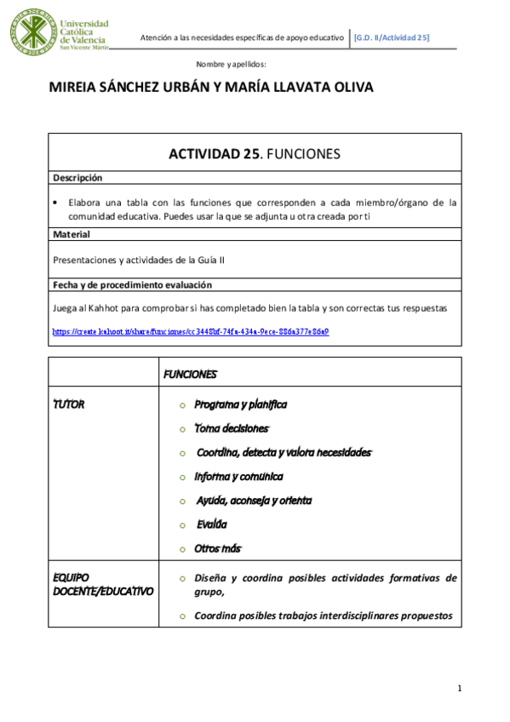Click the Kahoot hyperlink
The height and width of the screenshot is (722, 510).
(191, 331)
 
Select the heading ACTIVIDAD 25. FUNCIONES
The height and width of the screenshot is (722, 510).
(255, 154)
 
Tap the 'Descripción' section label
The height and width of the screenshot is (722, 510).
(77, 178)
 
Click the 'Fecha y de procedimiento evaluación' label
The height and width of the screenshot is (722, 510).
(132, 285)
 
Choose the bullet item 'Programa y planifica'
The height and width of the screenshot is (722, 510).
(240, 404)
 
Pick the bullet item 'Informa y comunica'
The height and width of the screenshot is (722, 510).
(238, 477)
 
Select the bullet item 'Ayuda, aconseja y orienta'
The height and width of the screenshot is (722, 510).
(254, 501)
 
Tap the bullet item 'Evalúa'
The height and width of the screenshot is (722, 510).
(211, 525)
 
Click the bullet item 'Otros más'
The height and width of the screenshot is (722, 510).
(218, 549)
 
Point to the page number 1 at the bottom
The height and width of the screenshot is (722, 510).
(459, 688)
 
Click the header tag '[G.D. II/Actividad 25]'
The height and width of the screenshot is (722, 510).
(393, 38)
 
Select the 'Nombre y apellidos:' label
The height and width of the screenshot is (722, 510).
(232, 65)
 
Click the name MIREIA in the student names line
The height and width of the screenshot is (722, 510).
(81, 88)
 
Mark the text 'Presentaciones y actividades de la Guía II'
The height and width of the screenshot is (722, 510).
(139, 260)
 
